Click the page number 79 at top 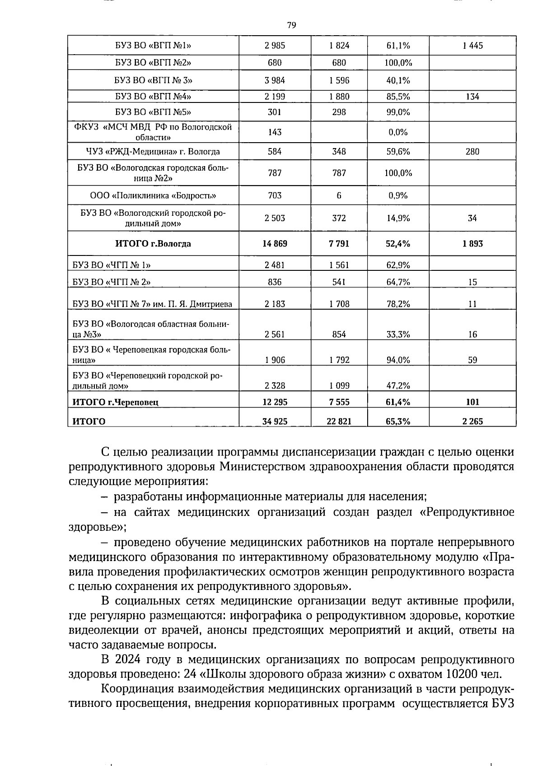point(291,25)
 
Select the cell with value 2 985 point(275,46)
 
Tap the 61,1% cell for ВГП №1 point(398,46)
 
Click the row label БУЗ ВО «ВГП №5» point(153,112)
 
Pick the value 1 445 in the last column point(472,46)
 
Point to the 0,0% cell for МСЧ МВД point(398,132)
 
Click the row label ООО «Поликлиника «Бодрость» point(153,195)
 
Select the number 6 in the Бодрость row point(339,195)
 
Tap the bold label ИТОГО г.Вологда point(153,244)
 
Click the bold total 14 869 point(275,244)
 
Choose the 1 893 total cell point(472,244)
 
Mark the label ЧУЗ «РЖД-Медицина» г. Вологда point(153,152)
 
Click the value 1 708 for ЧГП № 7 point(339,304)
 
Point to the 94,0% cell point(398,360)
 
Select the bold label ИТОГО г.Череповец point(116,402)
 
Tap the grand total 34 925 point(275,422)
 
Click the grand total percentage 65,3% point(398,422)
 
